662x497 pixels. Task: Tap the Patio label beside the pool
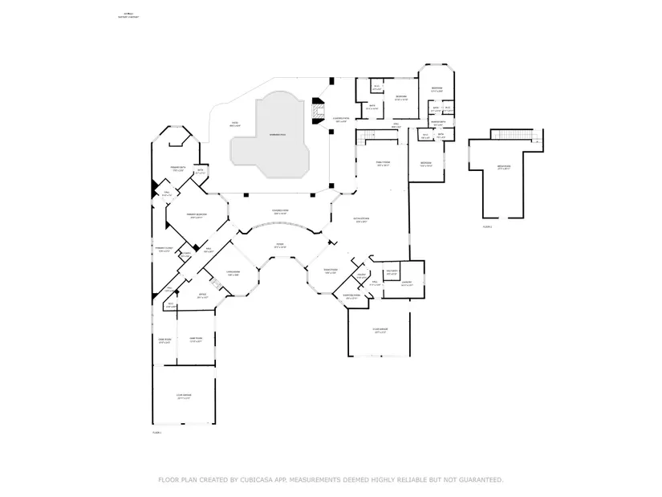pos(235,125)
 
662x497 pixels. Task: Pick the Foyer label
pos(280,246)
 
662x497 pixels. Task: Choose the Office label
pos(203,295)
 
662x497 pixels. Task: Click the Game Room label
pos(195,340)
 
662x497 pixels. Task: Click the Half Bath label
pos(392,271)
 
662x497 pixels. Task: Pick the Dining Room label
pos(330,271)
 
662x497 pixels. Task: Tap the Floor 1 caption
pos(157,433)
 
